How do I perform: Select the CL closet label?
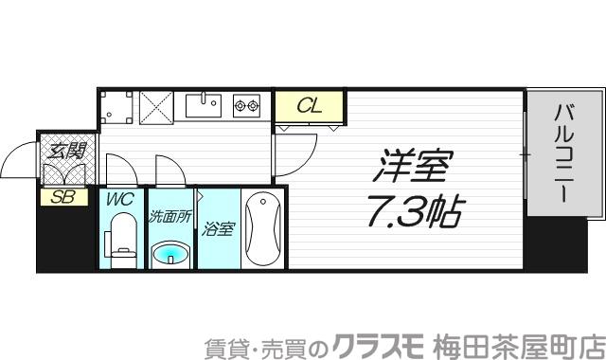[x=310, y=106]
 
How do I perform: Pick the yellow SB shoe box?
[x=63, y=198]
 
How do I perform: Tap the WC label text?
[x=120, y=201]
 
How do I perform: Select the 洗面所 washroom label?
[x=170, y=216]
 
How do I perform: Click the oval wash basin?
[x=171, y=253]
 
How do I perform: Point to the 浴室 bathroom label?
[x=219, y=229]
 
